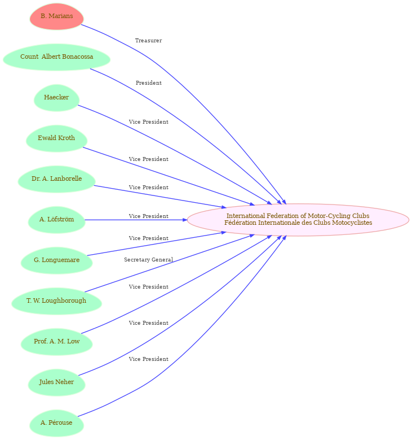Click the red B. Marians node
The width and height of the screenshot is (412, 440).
[56, 16]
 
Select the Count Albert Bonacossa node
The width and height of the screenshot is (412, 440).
[56, 57]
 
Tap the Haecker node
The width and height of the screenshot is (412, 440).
[56, 98]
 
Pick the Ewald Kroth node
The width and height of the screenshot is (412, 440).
[56, 138]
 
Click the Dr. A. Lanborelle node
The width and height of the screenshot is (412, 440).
[56, 179]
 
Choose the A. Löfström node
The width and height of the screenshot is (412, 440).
[56, 220]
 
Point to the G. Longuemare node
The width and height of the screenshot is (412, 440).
[56, 260]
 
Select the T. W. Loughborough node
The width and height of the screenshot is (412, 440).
[56, 301]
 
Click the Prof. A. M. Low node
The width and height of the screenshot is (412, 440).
[56, 342]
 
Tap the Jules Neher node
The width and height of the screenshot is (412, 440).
[56, 382]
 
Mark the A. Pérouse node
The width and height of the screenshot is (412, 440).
[56, 423]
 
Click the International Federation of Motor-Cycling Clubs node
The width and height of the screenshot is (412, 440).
[298, 220]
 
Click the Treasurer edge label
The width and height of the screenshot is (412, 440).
[148, 41]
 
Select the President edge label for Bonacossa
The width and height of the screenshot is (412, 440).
[149, 83]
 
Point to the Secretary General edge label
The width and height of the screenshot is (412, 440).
[148, 260]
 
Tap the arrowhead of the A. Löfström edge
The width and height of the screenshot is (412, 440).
[185, 220]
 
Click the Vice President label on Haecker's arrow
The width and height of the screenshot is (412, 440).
[149, 122]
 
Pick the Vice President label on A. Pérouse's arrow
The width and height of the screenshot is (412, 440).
[149, 359]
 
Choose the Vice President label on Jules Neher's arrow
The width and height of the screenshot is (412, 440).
[149, 323]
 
